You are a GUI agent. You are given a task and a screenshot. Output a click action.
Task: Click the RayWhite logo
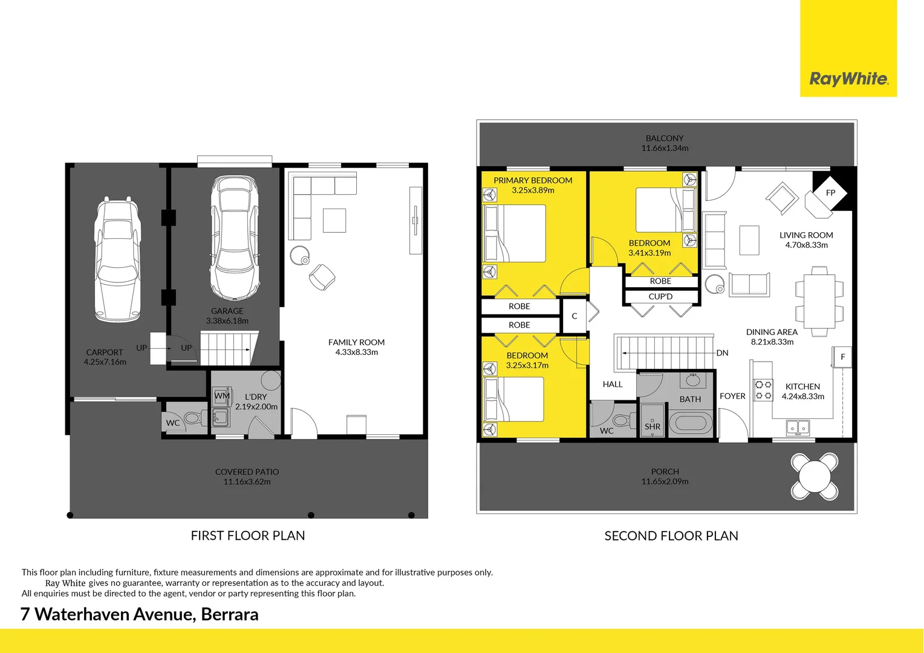pyautogui.click(x=848, y=79)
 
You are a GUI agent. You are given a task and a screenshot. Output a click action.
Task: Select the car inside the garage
pyautogui.click(x=235, y=238)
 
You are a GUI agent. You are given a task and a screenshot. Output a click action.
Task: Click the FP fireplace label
pyautogui.click(x=830, y=193)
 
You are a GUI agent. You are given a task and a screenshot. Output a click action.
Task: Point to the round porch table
pyautogui.click(x=815, y=476)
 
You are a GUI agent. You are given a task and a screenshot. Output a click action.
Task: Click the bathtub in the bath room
pyautogui.click(x=691, y=423)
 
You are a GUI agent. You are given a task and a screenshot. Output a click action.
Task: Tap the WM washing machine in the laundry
pyautogui.click(x=221, y=396)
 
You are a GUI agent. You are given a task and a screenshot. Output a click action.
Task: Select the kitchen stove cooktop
pyautogui.click(x=763, y=390)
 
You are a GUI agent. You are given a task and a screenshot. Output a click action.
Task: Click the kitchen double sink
pyautogui.click(x=798, y=428)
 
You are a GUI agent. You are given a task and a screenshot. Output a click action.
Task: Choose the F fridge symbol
pyautogui.click(x=842, y=357)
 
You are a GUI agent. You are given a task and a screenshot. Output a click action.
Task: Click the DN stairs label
pyautogui.click(x=722, y=353)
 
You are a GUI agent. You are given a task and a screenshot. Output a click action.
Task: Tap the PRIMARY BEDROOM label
pyautogui.click(x=533, y=180)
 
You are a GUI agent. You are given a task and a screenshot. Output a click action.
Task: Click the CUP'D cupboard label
pyautogui.click(x=660, y=297)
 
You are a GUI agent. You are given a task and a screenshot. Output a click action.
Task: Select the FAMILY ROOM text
pyautogui.click(x=356, y=342)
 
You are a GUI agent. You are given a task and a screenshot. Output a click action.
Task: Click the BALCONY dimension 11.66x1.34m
pyautogui.click(x=665, y=148)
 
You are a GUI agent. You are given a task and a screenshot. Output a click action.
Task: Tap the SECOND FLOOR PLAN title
pyautogui.click(x=671, y=536)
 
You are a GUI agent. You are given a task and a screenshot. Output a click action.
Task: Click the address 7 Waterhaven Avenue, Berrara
pyautogui.click(x=140, y=614)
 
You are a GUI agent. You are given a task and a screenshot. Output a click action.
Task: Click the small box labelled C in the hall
pyautogui.click(x=574, y=316)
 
